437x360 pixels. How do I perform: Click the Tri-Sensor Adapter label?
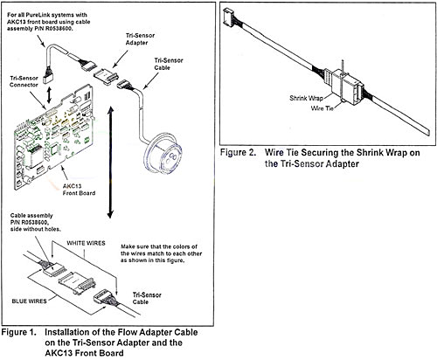coord(140,39)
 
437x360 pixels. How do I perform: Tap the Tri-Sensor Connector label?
coord(24,81)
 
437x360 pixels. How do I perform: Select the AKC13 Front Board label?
coord(79,190)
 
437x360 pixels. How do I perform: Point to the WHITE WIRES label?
coord(86,243)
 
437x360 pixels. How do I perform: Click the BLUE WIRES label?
coord(29,301)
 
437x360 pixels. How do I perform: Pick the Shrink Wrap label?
coord(306,98)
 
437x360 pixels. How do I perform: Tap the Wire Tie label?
coord(323,108)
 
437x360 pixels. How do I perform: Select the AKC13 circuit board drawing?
coord(55,137)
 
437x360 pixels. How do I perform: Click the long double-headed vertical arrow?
coord(110,163)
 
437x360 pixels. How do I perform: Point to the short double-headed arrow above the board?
coord(49,94)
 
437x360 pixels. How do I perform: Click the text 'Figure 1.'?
coord(19,332)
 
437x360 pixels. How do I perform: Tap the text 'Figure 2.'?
coord(238,153)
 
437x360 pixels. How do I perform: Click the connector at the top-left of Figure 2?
coord(228,17)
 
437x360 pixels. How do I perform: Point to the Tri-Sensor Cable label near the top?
coord(169,64)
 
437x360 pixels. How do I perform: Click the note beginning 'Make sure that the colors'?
coord(161,253)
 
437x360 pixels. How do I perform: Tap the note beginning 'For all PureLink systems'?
coord(48,22)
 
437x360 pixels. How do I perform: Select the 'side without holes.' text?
coord(36,229)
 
